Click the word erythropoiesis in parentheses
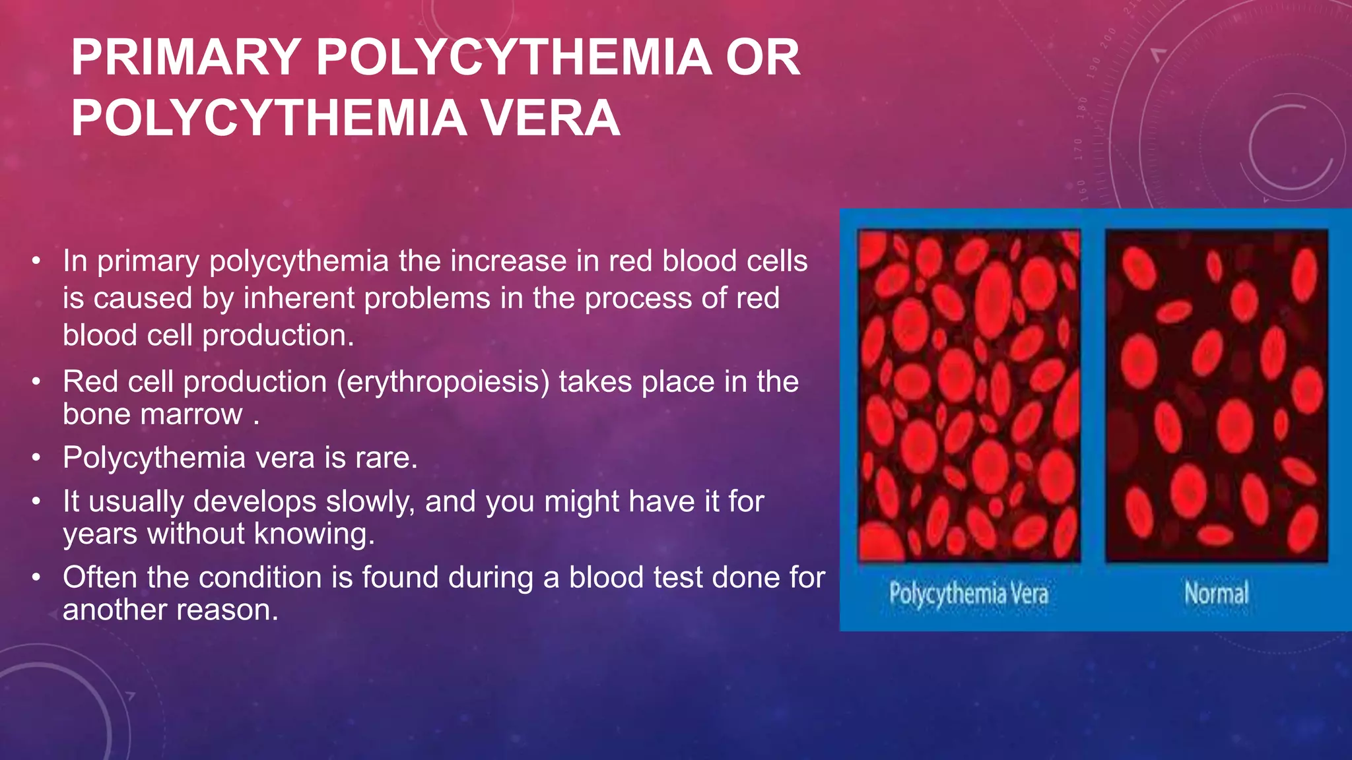pyautogui.click(x=443, y=382)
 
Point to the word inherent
pyautogui.click(x=300, y=298)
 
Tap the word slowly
pyautogui.click(x=370, y=501)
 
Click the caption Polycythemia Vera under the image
pyautogui.click(x=968, y=594)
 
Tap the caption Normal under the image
pyautogui.click(x=1216, y=593)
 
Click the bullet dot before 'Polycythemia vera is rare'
pyautogui.click(x=37, y=458)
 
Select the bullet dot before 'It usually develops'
pyautogui.click(x=37, y=501)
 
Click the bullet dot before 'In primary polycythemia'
pyautogui.click(x=37, y=261)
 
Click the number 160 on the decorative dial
pyautogui.click(x=1083, y=189)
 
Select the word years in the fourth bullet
pyautogui.click(x=100, y=534)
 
